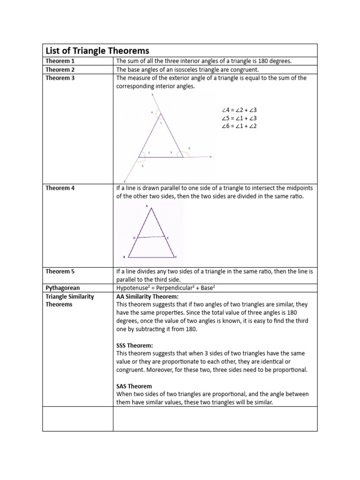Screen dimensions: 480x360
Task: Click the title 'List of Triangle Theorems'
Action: pos(97,51)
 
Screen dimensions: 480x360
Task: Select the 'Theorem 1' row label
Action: pos(60,61)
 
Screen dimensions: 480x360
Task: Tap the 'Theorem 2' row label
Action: pos(60,69)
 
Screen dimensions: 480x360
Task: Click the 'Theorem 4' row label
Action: pos(60,188)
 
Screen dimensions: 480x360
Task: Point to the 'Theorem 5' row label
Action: pos(60,271)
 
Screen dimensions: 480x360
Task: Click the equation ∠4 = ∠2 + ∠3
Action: pos(239,111)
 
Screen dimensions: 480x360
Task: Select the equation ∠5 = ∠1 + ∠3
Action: pos(239,118)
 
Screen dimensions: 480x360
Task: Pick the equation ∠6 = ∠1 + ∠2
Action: pos(239,126)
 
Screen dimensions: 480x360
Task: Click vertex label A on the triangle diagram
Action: pos(147,206)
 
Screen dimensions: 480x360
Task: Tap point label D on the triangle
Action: pos(134,238)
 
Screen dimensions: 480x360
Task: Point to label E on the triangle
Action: pos(168,238)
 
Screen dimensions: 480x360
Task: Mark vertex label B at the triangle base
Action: pos(124,257)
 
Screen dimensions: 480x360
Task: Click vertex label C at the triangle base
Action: pos(176,257)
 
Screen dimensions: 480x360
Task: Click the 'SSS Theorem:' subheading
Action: pos(135,345)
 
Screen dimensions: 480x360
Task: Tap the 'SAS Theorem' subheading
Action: pos(134,386)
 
